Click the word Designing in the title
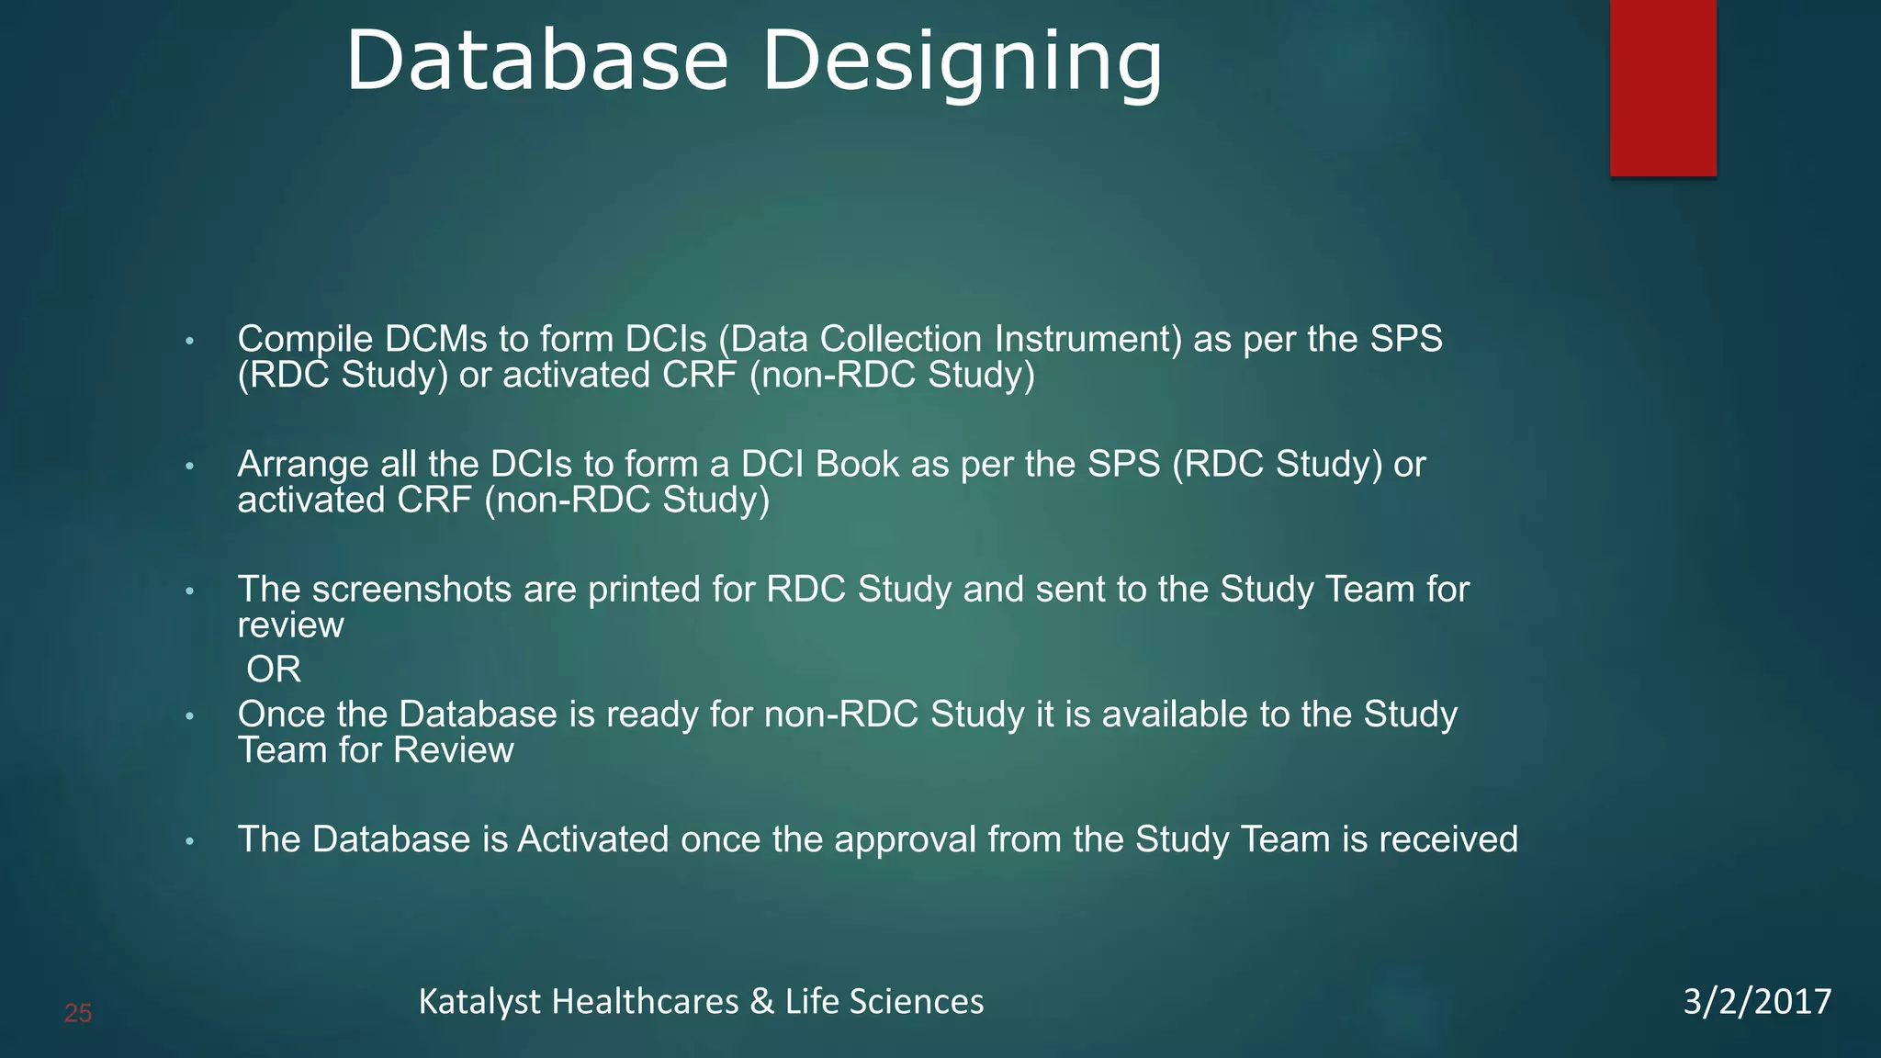pyautogui.click(x=963, y=62)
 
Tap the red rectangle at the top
pyautogui.click(x=1662, y=87)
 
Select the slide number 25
pyautogui.click(x=78, y=1014)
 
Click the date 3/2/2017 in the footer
pyautogui.click(x=1757, y=1001)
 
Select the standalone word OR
pyautogui.click(x=274, y=670)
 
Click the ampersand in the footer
pyautogui.click(x=761, y=1001)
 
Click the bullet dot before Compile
pyautogui.click(x=190, y=342)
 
